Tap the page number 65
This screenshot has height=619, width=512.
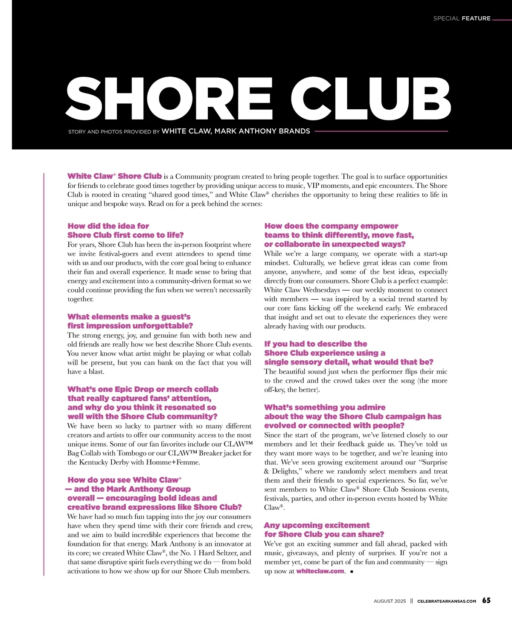point(486,601)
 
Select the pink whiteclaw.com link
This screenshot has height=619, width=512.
point(320,571)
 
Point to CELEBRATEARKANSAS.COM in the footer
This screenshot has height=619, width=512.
point(446,601)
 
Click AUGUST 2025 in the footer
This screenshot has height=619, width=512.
point(390,601)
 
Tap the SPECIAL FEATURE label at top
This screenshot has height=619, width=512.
point(462,18)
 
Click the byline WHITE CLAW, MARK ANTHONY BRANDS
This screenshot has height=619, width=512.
point(236,131)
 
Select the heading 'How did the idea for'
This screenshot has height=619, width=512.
point(108,226)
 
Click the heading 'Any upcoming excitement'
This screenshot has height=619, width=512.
point(317,525)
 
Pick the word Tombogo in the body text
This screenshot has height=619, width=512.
point(132,453)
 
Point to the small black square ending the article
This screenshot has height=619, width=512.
point(351,572)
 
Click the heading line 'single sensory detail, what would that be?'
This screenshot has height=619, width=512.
point(349,362)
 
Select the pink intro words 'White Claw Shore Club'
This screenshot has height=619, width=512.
point(114,176)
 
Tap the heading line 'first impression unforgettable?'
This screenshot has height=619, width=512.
point(130,326)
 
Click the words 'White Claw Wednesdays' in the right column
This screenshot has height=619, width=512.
point(302,290)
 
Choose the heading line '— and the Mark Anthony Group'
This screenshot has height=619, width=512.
point(128,489)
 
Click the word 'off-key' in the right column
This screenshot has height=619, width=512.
point(274,389)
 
